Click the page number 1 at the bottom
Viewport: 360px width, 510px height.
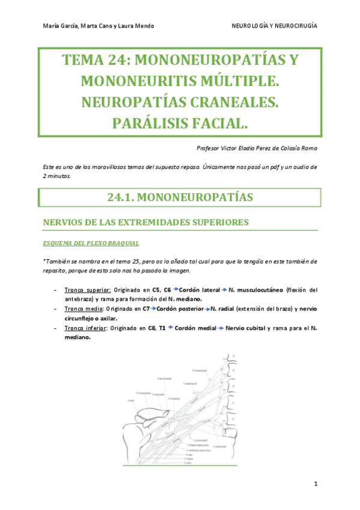point(314,484)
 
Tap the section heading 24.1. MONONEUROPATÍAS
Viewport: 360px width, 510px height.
point(180,197)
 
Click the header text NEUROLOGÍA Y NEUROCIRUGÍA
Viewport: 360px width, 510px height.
point(275,26)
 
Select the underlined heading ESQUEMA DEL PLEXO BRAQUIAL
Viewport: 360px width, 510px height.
point(91,243)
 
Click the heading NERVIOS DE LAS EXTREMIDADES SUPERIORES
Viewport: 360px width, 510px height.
point(145,222)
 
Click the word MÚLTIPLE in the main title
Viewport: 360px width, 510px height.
point(237,81)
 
